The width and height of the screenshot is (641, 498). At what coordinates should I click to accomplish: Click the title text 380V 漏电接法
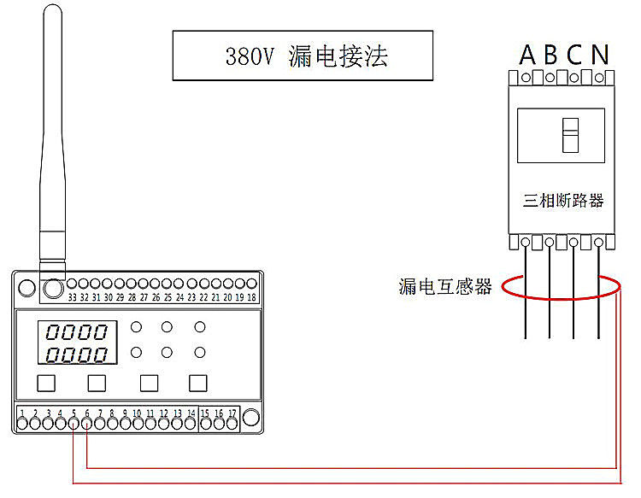(307, 56)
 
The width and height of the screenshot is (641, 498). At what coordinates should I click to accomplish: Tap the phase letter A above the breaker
(527, 55)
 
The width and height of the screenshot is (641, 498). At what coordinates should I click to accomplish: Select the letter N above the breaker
(600, 55)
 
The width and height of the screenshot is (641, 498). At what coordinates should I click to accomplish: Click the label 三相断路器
(563, 201)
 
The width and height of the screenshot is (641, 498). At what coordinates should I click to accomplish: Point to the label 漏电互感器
(444, 286)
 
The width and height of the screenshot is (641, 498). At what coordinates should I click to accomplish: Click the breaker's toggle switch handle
(570, 135)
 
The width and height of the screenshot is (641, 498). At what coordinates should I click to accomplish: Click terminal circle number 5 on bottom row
(74, 424)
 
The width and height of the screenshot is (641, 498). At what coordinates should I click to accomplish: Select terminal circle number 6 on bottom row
(86, 424)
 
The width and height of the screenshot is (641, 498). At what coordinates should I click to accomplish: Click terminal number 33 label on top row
(73, 297)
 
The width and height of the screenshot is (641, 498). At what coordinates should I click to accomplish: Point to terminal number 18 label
(252, 297)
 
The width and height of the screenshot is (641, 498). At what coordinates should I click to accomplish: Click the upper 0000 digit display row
(77, 332)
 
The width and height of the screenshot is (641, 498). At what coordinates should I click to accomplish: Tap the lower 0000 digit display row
(77, 354)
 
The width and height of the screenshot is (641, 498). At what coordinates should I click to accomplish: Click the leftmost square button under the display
(46, 384)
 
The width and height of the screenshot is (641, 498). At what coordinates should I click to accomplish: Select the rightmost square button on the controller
(198, 384)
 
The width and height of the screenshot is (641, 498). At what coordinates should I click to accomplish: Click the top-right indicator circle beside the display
(200, 327)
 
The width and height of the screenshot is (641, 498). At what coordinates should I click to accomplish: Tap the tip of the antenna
(53, 5)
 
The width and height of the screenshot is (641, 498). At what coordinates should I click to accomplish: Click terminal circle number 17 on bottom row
(232, 424)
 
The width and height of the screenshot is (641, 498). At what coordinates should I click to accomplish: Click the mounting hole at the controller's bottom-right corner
(250, 418)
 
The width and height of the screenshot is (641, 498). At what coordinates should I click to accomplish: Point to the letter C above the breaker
(574, 55)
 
